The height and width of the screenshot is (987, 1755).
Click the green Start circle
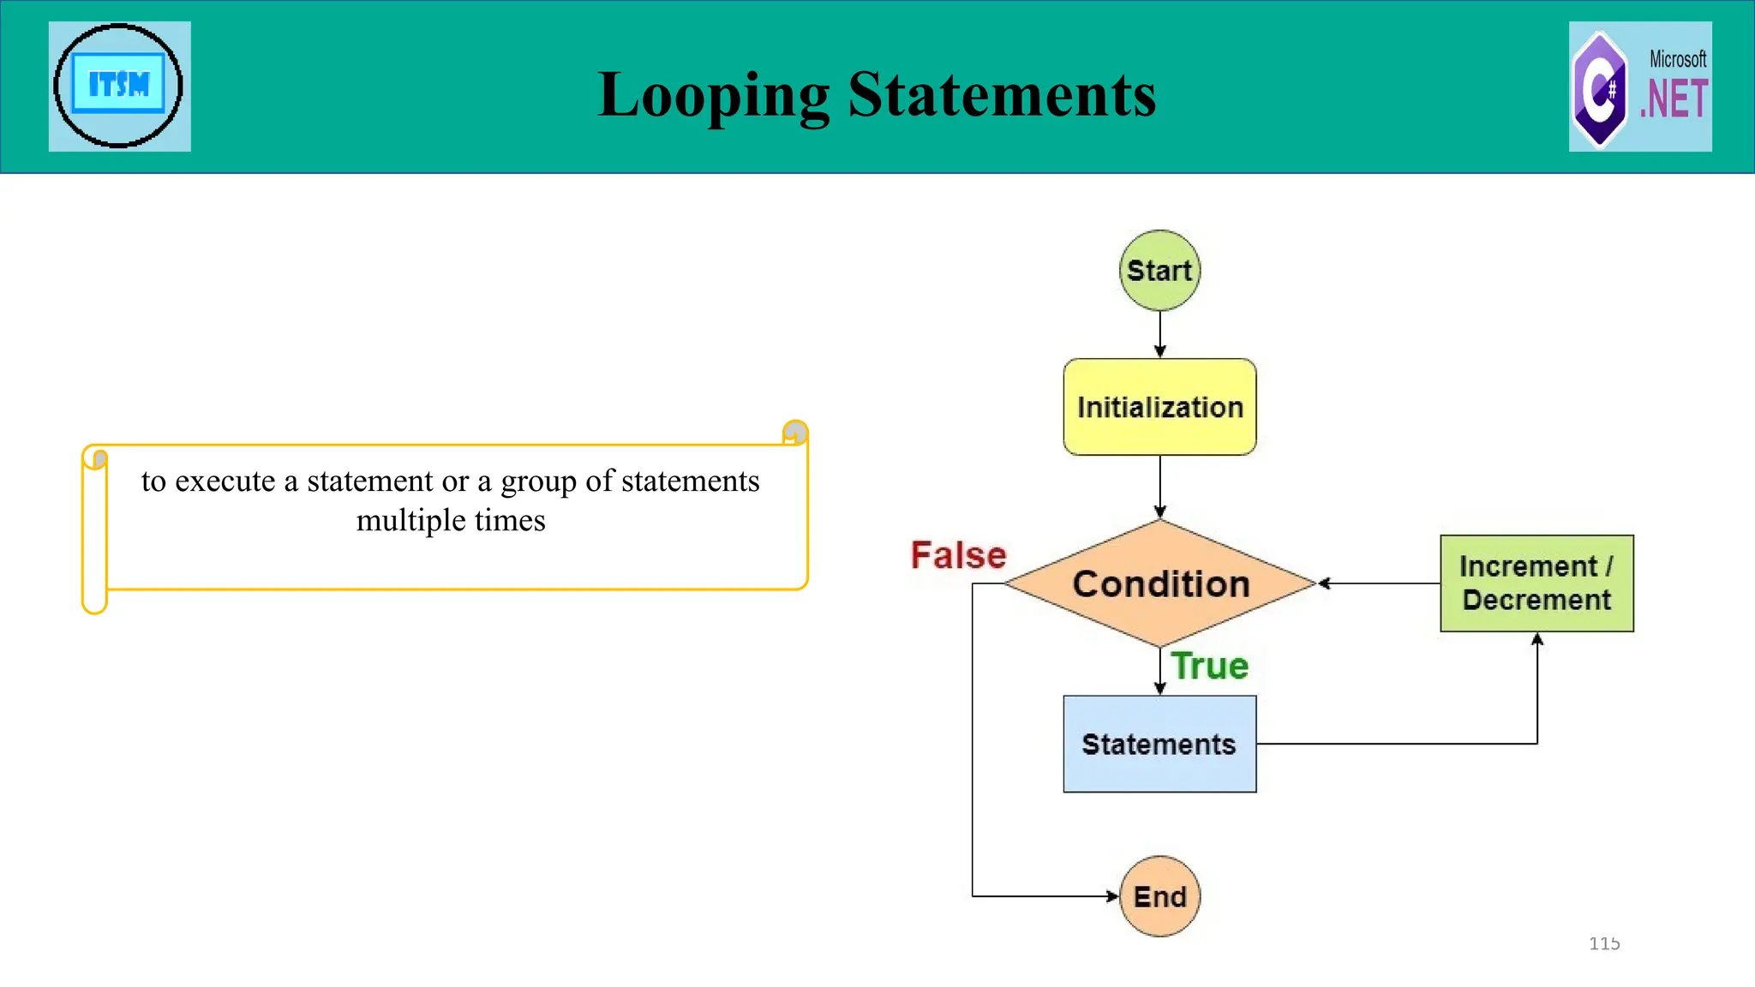coord(1159,270)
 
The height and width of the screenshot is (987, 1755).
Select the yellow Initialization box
coord(1159,407)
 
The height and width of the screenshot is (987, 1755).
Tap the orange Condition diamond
coord(1160,583)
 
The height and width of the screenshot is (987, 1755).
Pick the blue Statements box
coord(1159,744)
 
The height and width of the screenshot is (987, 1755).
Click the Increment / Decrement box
coord(1536,583)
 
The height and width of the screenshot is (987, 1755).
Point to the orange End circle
coord(1159,896)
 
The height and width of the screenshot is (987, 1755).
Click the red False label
coord(958,555)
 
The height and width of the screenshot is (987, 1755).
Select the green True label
coord(1210,666)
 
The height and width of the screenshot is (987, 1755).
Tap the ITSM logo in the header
coord(119,86)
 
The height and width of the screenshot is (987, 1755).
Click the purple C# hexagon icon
coord(1599,89)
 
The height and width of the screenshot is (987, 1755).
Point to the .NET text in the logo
coord(1674,99)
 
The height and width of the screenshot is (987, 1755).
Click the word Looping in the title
coord(713,94)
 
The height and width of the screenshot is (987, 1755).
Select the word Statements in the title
coord(1002,94)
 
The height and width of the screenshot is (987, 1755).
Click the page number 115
coord(1604,943)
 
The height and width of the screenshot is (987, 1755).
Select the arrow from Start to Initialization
coord(1159,334)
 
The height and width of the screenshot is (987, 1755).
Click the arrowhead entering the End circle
coord(1112,896)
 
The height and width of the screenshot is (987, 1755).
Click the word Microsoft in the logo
coord(1678,59)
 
